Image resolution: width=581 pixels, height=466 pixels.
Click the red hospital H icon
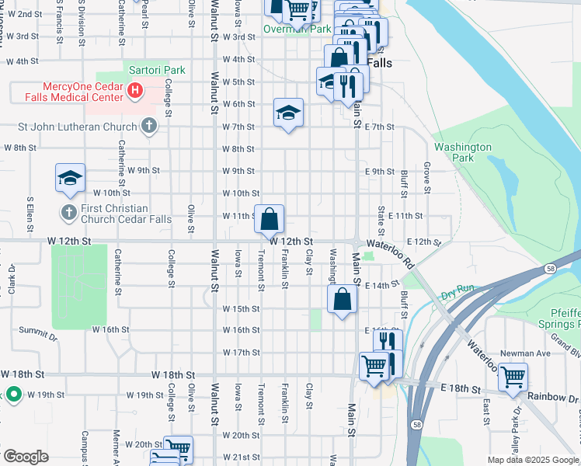(x=135, y=91)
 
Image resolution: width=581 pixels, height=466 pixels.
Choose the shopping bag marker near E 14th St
(x=342, y=300)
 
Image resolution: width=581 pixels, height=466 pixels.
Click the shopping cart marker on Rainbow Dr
(x=513, y=377)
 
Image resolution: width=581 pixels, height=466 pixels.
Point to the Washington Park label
(x=463, y=152)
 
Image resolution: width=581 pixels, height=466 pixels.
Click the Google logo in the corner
(x=26, y=457)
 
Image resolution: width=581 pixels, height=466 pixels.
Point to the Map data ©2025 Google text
(x=533, y=460)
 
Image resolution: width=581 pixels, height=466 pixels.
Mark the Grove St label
(x=426, y=173)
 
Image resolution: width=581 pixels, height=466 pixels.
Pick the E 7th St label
(x=380, y=127)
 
